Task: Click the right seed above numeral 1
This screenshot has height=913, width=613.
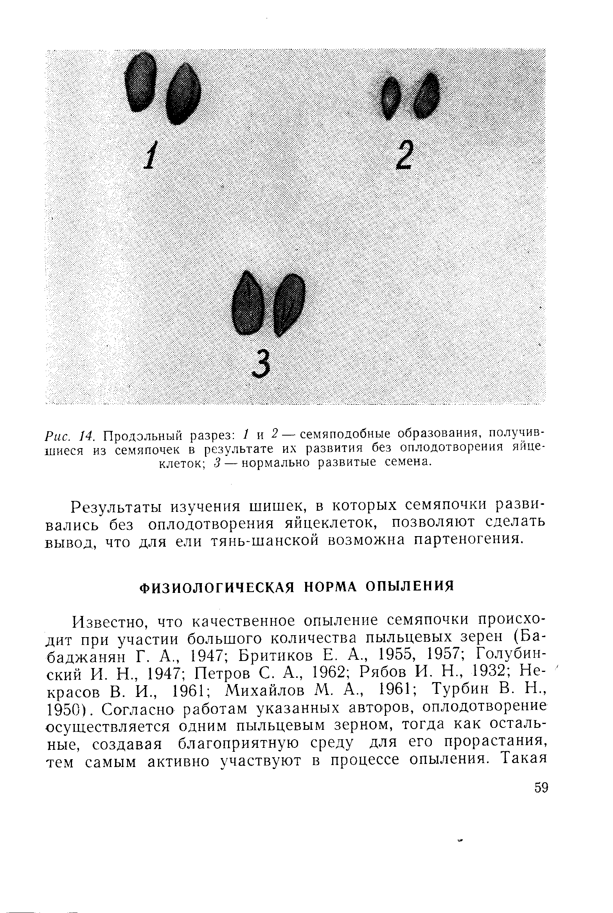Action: [183, 95]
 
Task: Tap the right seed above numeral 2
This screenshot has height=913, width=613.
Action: [426, 96]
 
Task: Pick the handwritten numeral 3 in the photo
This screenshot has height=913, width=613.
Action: [261, 364]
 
